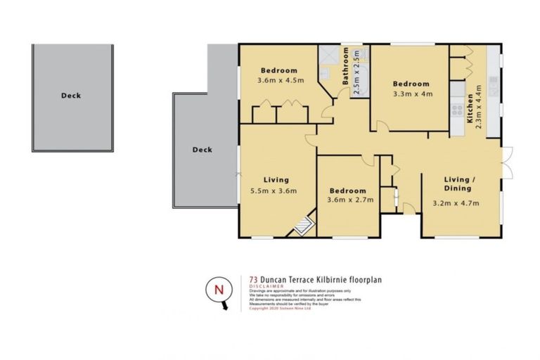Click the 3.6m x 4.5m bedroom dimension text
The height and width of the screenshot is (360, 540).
[x=280, y=81]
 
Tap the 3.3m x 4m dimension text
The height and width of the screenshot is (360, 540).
[x=411, y=94]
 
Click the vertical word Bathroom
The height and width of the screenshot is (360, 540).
[x=346, y=67]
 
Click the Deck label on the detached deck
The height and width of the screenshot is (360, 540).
[x=70, y=96]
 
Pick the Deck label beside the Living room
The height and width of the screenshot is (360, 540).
[x=202, y=149]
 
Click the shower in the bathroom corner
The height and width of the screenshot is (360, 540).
[x=328, y=55]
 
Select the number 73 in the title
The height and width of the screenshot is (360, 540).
[x=254, y=279]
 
